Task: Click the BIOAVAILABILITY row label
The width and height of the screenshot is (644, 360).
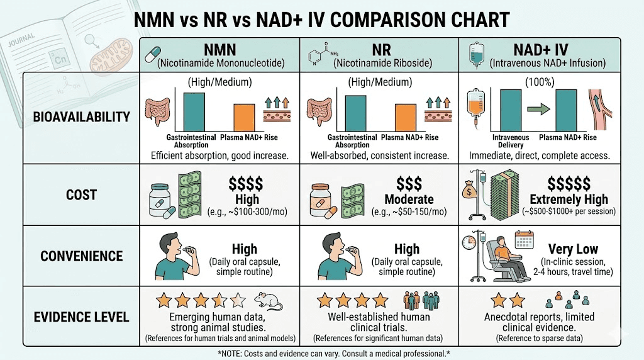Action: click(x=81, y=117)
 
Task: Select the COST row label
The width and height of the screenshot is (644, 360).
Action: click(x=81, y=196)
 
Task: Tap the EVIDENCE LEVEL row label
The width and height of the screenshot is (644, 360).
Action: click(x=81, y=317)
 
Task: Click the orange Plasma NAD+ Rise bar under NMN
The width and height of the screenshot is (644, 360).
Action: click(x=245, y=118)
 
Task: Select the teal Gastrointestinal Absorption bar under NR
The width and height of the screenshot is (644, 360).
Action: click(x=355, y=113)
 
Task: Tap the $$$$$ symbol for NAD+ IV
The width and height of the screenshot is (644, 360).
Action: click(x=569, y=183)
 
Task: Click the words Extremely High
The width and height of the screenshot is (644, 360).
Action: click(x=569, y=200)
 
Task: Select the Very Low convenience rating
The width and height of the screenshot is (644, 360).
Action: click(x=573, y=249)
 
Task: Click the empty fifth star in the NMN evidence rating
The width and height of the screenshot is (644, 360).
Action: click(x=237, y=300)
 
